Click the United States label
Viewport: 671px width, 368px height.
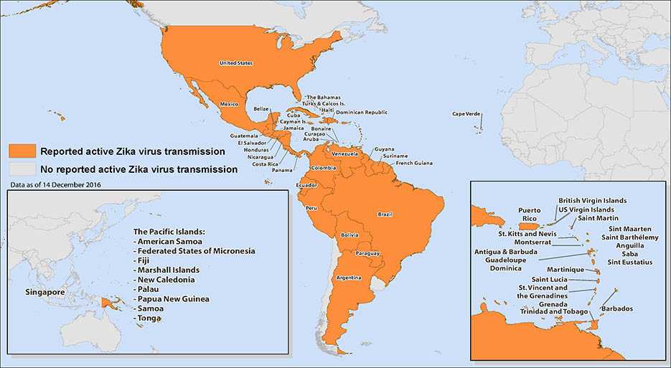[235, 63]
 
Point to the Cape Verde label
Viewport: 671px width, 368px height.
[466, 114]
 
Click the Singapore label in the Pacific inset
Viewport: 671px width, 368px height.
[45, 293]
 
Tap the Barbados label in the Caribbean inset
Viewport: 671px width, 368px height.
[617, 308]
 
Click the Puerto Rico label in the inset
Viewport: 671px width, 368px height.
[529, 214]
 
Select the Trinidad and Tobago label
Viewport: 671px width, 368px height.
[553, 311]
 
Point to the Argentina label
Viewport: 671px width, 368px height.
[347, 278]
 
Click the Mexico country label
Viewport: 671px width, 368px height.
[228, 104]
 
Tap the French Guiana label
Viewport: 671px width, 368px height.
[414, 163]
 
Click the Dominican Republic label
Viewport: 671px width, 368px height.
[362, 112]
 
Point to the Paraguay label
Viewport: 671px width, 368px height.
[367, 253]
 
